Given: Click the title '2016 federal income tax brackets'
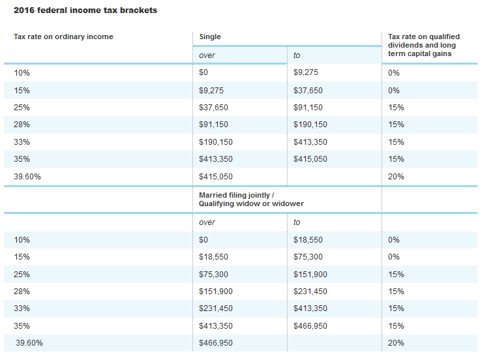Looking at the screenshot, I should [85, 10].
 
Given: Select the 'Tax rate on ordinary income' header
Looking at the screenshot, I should [63, 37].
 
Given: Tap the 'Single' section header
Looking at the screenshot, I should [209, 37].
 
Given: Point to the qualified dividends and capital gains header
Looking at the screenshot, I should [423, 45].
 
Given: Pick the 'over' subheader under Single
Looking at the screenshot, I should [207, 55].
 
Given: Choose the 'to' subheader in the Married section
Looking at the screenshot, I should [297, 222].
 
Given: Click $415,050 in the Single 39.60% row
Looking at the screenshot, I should [215, 177].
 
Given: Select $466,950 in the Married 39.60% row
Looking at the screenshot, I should [215, 343].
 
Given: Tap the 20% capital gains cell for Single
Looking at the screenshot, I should [396, 177].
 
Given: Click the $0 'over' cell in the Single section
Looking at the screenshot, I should [203, 72].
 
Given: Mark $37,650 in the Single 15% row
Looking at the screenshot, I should [308, 91].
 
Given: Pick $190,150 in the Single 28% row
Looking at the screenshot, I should [310, 125].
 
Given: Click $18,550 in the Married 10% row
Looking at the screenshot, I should [308, 240].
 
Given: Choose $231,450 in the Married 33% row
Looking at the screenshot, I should [215, 308].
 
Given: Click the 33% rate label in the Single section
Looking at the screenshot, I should [22, 142].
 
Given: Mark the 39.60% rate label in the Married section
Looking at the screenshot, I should [29, 343].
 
